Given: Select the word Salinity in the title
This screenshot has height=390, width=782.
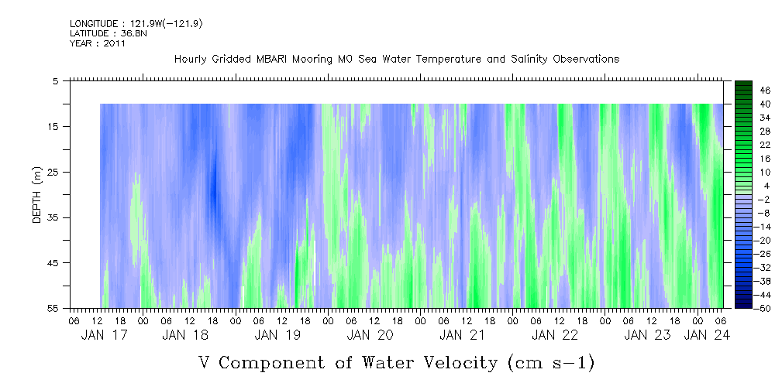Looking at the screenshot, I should point(505,59).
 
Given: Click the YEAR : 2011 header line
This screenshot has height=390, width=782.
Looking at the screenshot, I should point(98,43).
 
